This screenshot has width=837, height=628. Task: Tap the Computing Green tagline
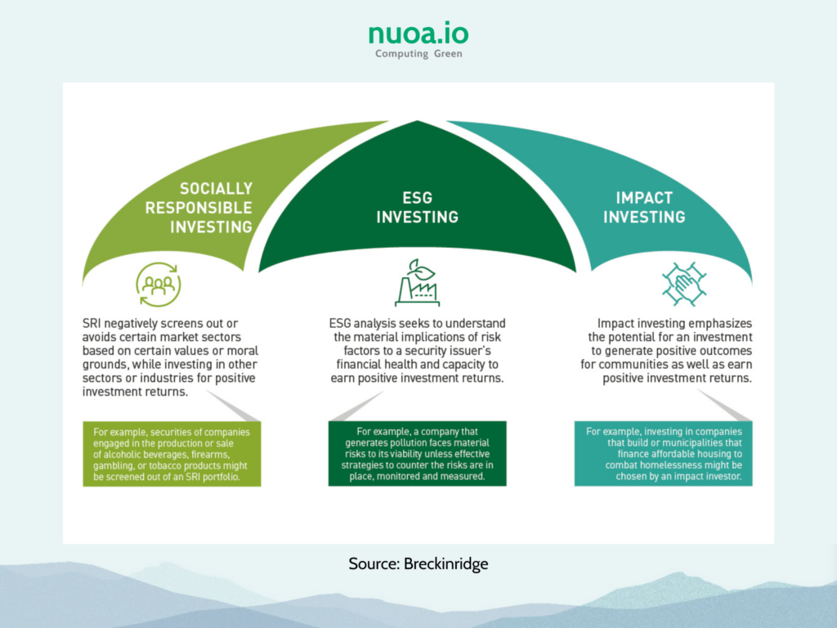(x=418, y=53)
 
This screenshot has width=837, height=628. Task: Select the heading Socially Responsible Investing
(x=199, y=208)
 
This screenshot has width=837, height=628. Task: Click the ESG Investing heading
(x=418, y=207)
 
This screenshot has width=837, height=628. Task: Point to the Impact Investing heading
(x=644, y=207)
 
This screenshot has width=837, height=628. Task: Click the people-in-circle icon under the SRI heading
(x=159, y=284)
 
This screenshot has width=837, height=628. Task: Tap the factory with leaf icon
(x=418, y=283)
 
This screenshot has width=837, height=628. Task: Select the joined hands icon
(x=684, y=284)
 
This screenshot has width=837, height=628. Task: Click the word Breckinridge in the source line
(x=445, y=564)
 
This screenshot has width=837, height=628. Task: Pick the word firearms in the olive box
(x=212, y=455)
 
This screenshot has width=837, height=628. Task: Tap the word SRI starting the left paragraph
(x=92, y=324)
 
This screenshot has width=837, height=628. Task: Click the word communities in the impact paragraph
(x=629, y=365)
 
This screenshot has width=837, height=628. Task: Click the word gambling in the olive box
(x=113, y=465)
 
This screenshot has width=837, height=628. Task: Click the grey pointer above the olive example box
(x=233, y=406)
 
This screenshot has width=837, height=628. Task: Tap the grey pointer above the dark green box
(x=356, y=406)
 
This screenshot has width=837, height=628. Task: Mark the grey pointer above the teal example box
(x=724, y=406)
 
